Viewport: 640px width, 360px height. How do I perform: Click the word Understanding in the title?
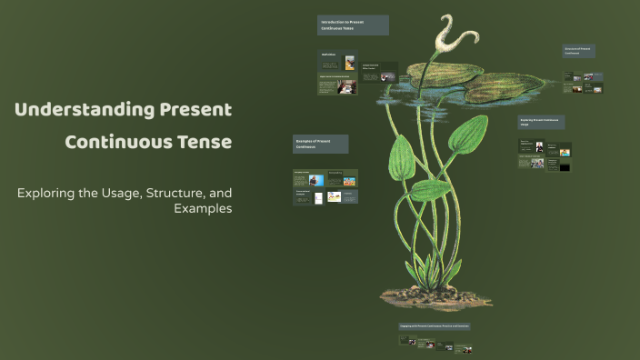[x=71, y=110]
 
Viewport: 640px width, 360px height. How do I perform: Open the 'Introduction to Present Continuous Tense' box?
[x=353, y=25]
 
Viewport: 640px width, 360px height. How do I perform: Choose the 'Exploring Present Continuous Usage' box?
[x=541, y=122]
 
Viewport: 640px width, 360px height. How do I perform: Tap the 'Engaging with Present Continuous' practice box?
[x=435, y=325]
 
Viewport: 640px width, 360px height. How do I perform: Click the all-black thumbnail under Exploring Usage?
[x=565, y=166]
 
